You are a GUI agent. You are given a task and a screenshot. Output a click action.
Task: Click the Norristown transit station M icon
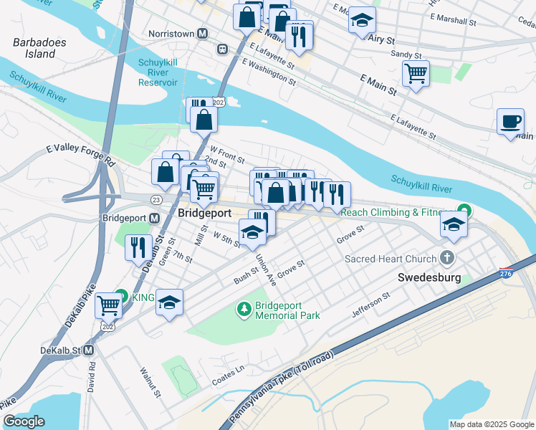203,34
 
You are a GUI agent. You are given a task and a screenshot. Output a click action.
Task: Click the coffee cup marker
510,121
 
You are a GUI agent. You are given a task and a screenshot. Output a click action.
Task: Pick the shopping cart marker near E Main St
416,73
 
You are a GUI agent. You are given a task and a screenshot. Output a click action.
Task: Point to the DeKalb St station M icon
89,350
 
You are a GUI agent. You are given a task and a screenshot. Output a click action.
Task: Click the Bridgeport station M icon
154,217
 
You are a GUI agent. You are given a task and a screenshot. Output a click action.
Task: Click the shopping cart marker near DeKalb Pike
108,305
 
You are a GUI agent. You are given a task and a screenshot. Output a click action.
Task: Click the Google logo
24,421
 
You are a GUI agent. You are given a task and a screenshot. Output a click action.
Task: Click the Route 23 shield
156,199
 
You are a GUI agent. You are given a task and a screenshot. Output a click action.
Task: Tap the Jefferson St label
370,305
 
